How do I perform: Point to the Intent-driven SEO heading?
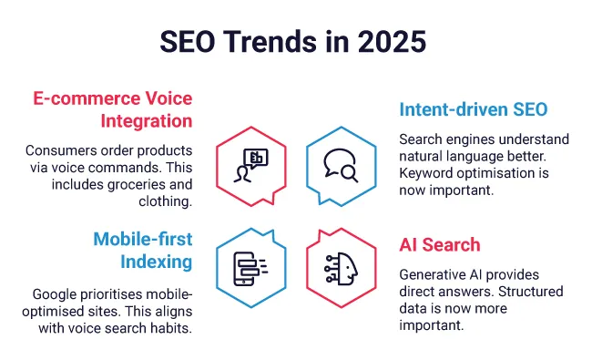(473, 110)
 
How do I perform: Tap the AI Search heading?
(442, 245)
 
